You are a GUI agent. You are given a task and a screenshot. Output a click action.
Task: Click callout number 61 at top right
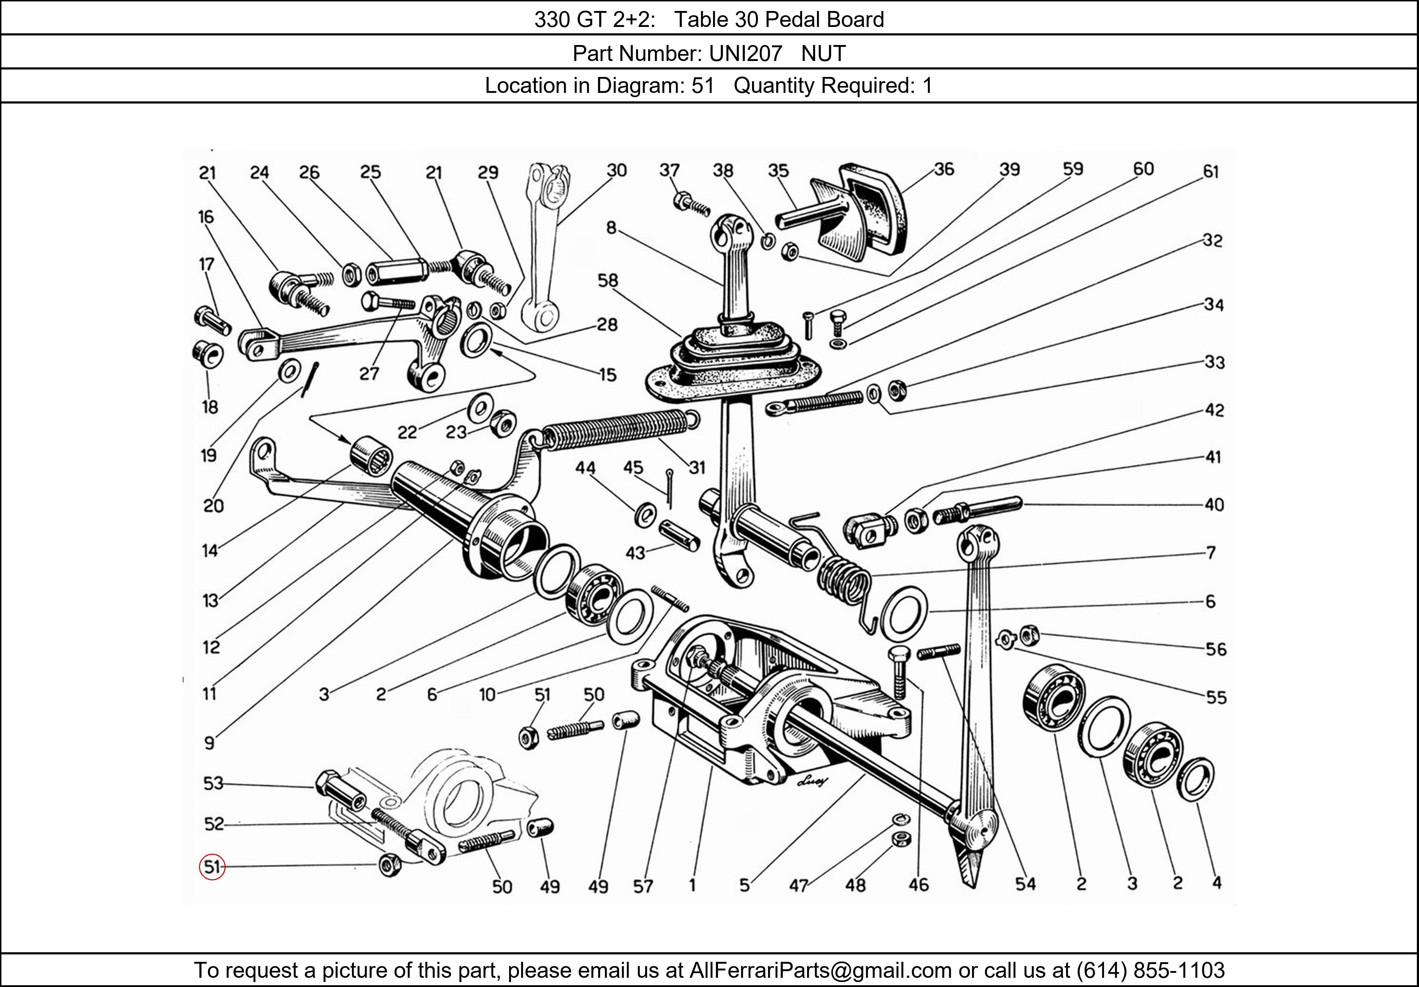[1210, 172]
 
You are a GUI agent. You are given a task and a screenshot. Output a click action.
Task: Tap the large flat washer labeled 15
[476, 340]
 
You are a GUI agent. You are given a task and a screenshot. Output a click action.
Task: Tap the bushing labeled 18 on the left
[207, 354]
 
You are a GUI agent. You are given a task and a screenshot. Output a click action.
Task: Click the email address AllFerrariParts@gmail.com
[820, 970]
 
